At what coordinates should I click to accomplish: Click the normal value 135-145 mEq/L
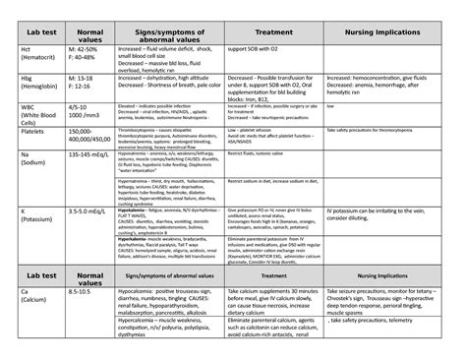(x=87, y=181)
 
